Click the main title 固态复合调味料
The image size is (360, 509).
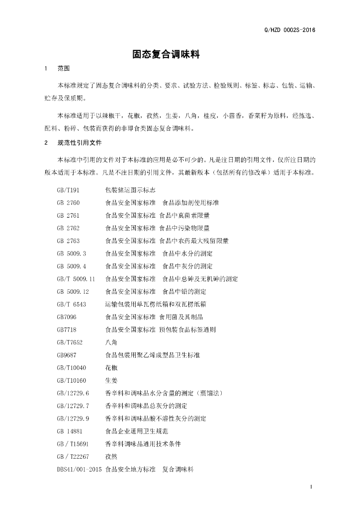[166, 54]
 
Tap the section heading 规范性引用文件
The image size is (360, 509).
[80, 143]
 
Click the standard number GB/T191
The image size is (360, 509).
[68, 190]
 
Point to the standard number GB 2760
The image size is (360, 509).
[69, 203]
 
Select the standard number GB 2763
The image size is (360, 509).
[69, 241]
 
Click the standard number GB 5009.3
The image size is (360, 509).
[72, 254]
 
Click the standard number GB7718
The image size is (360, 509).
[67, 329]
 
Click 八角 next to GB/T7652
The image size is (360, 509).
[111, 342]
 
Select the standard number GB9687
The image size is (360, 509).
[67, 355]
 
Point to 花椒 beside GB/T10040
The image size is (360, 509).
[111, 367]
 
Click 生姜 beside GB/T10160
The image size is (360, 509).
[111, 380]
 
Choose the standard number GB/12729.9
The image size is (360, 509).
[73, 418]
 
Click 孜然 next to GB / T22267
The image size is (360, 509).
[111, 456]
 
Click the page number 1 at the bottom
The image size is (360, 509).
[310, 487]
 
